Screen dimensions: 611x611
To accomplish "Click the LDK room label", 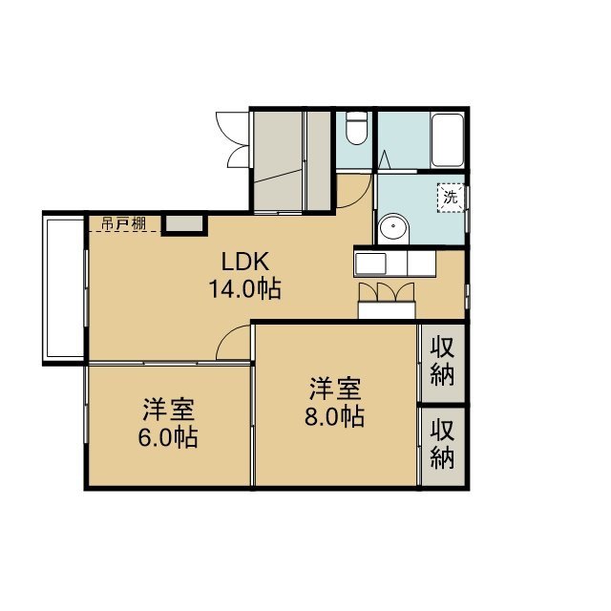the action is pyautogui.click(x=245, y=262).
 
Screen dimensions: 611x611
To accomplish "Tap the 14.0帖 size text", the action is pyautogui.click(x=244, y=288).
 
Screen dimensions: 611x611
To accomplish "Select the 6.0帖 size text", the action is pyautogui.click(x=168, y=437).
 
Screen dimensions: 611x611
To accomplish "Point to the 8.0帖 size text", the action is pyautogui.click(x=334, y=416).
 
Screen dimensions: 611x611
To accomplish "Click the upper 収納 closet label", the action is pyautogui.click(x=443, y=362).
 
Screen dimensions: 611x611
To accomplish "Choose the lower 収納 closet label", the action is pyautogui.click(x=443, y=443).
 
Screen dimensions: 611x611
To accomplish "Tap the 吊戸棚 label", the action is pyautogui.click(x=124, y=223).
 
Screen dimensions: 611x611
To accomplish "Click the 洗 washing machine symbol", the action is pyautogui.click(x=451, y=198).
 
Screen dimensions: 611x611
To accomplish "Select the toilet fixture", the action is pyautogui.click(x=356, y=128).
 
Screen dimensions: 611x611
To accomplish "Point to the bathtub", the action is pyautogui.click(x=448, y=140).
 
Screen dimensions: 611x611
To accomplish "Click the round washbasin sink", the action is pyautogui.click(x=393, y=229).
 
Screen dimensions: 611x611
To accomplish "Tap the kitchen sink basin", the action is pyautogui.click(x=370, y=263).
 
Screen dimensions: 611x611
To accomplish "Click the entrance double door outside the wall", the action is pyautogui.click(x=232, y=140).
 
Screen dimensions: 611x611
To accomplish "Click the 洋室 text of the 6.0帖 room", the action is pyautogui.click(x=168, y=410).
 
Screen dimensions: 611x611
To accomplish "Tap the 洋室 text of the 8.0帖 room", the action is pyautogui.click(x=335, y=389).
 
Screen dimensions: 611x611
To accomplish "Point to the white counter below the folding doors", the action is pyautogui.click(x=387, y=310).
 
